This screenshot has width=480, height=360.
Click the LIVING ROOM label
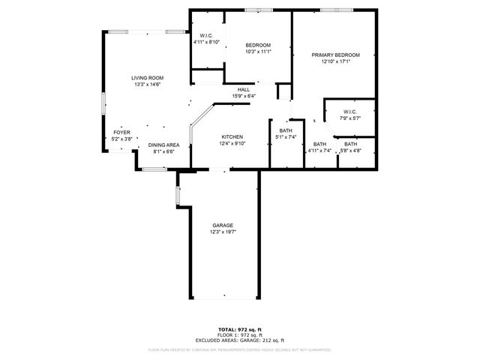coord(147,78)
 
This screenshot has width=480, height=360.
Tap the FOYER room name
coord(121,132)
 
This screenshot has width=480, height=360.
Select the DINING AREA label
coord(163,145)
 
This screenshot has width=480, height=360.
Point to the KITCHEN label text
coord(231,137)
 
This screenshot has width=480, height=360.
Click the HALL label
coord(244,89)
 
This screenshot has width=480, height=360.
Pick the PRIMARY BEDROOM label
coord(336,55)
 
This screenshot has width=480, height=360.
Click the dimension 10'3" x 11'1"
coord(257,52)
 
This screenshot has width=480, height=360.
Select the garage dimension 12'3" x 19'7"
coord(223,232)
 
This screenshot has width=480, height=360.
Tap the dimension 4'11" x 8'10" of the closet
coord(206,42)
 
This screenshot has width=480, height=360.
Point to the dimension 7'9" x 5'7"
coord(351,118)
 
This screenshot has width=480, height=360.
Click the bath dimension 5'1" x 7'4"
coord(286,137)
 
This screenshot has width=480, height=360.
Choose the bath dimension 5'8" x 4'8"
coord(351,151)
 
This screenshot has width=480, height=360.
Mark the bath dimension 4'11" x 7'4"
coord(320,151)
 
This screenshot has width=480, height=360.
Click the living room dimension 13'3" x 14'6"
coord(147,85)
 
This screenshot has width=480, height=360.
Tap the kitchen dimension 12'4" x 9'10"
coord(231,144)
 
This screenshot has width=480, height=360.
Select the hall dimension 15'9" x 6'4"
coord(244,96)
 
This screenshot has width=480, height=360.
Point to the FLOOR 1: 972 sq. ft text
coord(239,335)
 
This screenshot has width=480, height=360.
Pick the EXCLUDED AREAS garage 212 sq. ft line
coord(239,340)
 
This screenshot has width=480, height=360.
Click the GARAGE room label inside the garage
coord(223,226)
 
